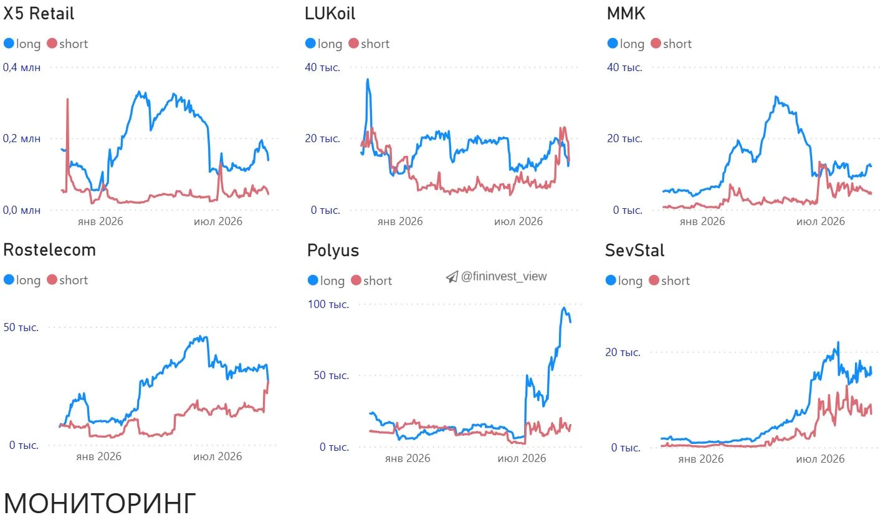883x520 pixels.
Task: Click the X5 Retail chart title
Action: coord(39,14)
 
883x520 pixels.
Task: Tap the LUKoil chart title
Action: coord(330,14)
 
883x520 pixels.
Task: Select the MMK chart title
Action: coord(626,14)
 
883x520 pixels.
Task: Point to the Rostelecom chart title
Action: coord(49,250)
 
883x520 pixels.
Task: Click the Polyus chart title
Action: coord(333,251)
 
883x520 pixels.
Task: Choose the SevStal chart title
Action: coord(634,250)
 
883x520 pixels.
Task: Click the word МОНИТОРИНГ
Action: coord(100,503)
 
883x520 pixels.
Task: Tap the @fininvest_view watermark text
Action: coord(504,276)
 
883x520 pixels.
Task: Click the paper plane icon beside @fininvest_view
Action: coord(452,277)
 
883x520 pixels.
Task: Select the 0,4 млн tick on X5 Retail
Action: coord(22,67)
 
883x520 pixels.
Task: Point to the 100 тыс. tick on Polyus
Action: coord(328,304)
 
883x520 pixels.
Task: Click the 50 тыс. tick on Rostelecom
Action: coord(21,327)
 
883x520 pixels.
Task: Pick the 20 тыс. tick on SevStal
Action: coord(623,352)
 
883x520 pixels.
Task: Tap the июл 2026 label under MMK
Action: coord(820,221)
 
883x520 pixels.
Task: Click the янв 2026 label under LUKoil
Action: coord(399,221)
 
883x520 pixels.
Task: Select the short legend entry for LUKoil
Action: coord(369,44)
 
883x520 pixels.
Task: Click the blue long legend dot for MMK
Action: coord(612,43)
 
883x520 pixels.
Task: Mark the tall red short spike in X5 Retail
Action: coord(67,99)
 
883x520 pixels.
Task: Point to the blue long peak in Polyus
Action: coord(564,308)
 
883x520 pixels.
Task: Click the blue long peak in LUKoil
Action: coord(368,80)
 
